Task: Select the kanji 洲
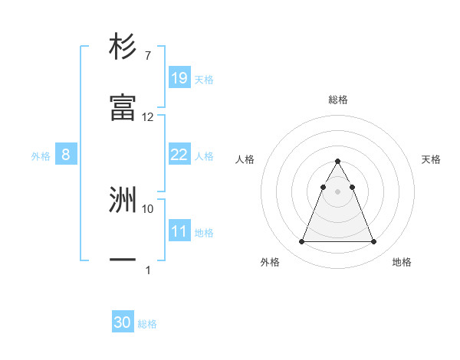tap(123, 200)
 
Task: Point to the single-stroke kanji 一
tap(123, 261)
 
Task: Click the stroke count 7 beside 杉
tap(147, 55)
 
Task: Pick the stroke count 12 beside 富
tap(148, 117)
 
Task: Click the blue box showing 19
tap(179, 77)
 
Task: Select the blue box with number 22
tap(179, 155)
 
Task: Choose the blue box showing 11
tap(179, 231)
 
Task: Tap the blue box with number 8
tap(66, 155)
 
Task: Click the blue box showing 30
tap(123, 322)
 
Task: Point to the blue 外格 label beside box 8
tap(41, 155)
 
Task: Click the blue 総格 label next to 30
tap(147, 324)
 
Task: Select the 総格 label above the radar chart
tap(337, 100)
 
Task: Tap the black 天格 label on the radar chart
tap(431, 159)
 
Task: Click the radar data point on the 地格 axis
tap(373, 242)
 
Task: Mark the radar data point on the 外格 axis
tap(301, 242)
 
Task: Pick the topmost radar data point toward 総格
tap(337, 161)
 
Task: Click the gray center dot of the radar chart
tap(337, 190)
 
